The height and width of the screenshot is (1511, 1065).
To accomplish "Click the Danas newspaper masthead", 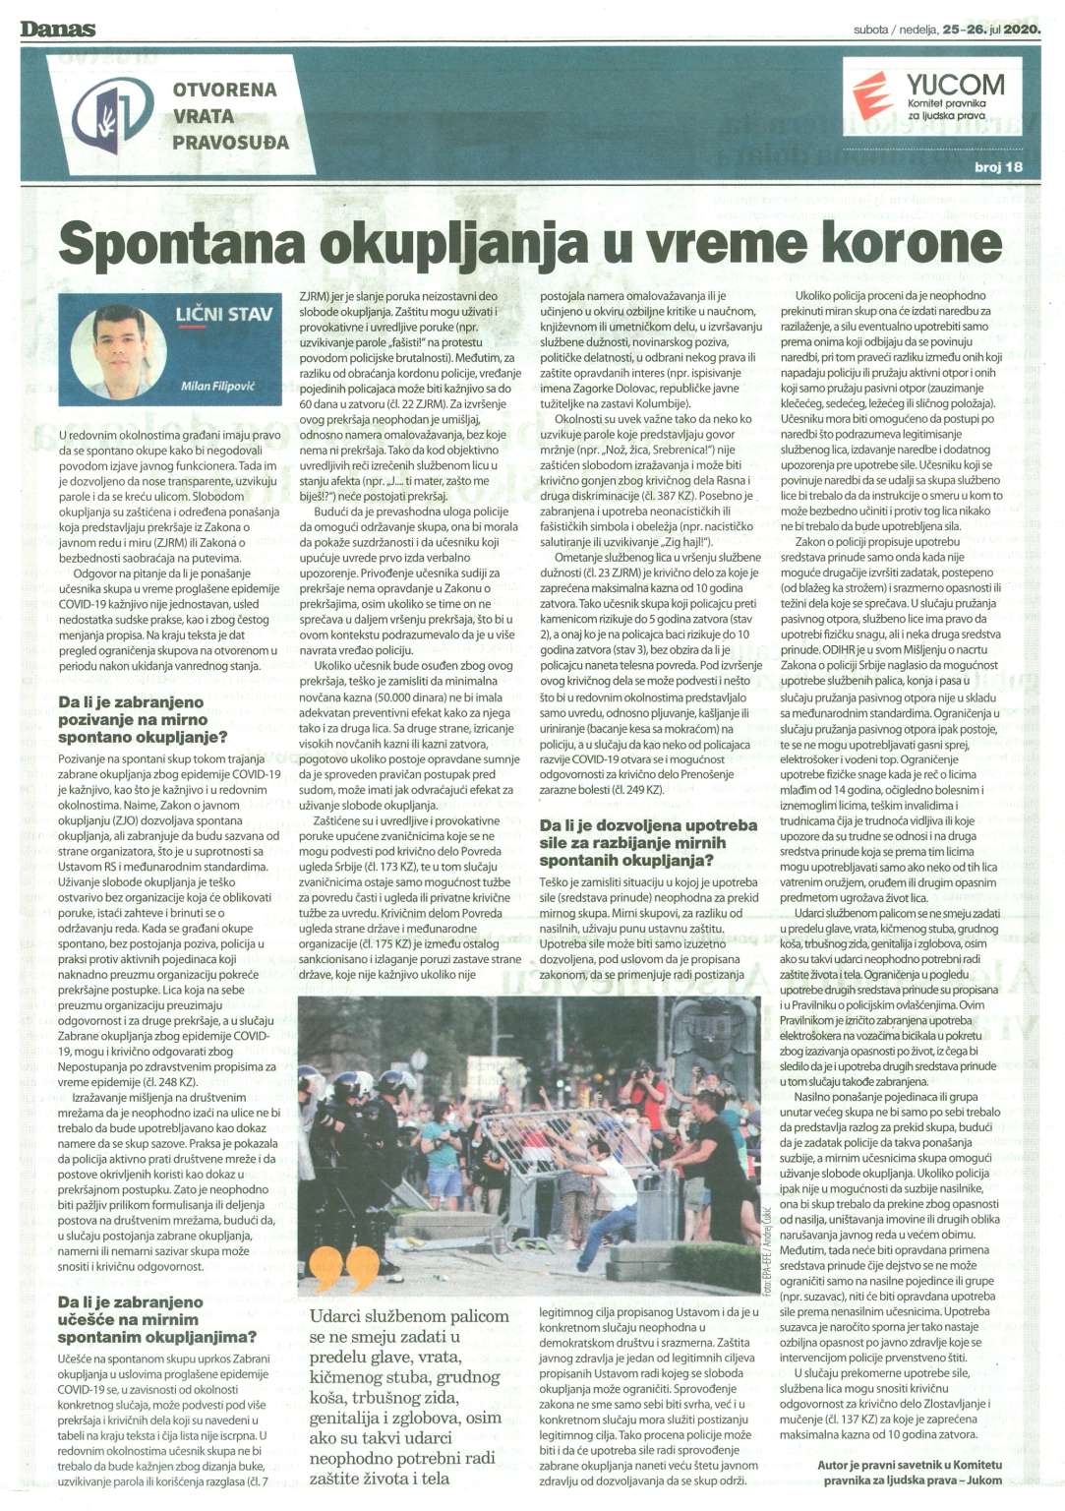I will (x=58, y=29).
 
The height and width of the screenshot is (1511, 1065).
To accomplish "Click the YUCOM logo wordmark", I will (x=954, y=85).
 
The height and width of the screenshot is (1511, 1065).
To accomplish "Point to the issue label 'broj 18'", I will (x=998, y=166).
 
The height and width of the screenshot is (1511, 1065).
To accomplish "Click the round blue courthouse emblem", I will (x=113, y=114).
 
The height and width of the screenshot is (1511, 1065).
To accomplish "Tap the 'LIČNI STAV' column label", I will (x=223, y=315).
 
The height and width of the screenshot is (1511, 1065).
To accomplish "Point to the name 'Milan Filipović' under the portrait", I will (x=217, y=386).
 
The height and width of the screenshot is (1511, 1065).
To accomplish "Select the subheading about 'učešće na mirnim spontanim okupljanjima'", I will (x=156, y=1319).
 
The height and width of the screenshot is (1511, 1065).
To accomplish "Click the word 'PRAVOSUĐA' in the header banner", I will (x=230, y=143).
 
